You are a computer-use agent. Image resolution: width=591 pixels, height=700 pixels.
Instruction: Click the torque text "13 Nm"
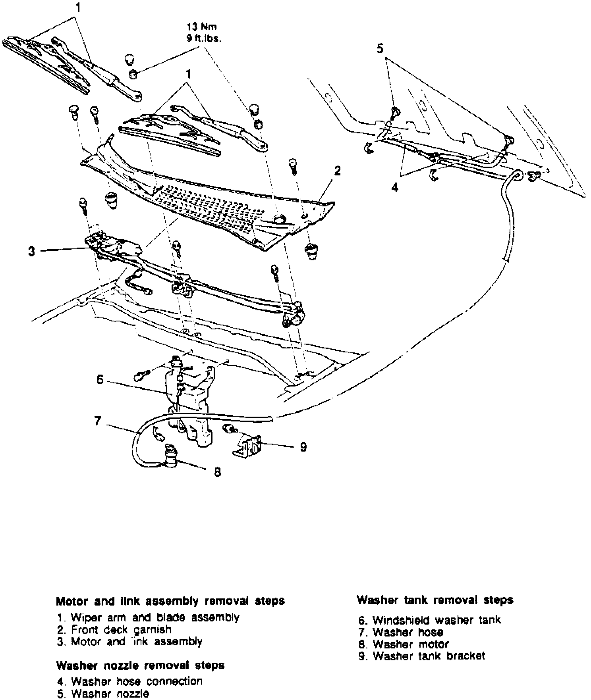pos(202,27)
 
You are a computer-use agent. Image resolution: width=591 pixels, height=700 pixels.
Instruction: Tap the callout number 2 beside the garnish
pos(337,171)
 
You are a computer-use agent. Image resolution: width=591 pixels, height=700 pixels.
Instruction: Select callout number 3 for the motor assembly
pos(32,252)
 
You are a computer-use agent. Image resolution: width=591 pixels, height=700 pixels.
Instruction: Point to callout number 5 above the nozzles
pos(380,49)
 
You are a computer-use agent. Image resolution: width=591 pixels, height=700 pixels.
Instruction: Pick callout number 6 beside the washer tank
pos(100,380)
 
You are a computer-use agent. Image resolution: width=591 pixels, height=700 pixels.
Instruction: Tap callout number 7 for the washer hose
pos(98,421)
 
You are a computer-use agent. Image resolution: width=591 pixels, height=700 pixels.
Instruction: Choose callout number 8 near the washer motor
pos(217,472)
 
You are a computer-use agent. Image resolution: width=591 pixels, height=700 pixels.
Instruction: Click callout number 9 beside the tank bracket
pos(303,447)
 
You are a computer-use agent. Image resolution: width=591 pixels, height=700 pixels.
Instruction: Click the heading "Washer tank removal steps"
pos(435,600)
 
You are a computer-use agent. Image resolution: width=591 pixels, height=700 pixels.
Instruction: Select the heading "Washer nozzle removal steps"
pos(140,665)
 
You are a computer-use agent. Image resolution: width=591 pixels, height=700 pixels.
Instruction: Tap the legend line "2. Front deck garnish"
pos(114,629)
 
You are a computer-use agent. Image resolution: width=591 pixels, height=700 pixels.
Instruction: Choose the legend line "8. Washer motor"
pos(404,644)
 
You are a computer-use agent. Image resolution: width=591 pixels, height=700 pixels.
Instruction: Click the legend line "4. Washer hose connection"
pos(129,681)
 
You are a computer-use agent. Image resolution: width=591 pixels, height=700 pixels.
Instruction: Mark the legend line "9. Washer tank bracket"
pos(421,656)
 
